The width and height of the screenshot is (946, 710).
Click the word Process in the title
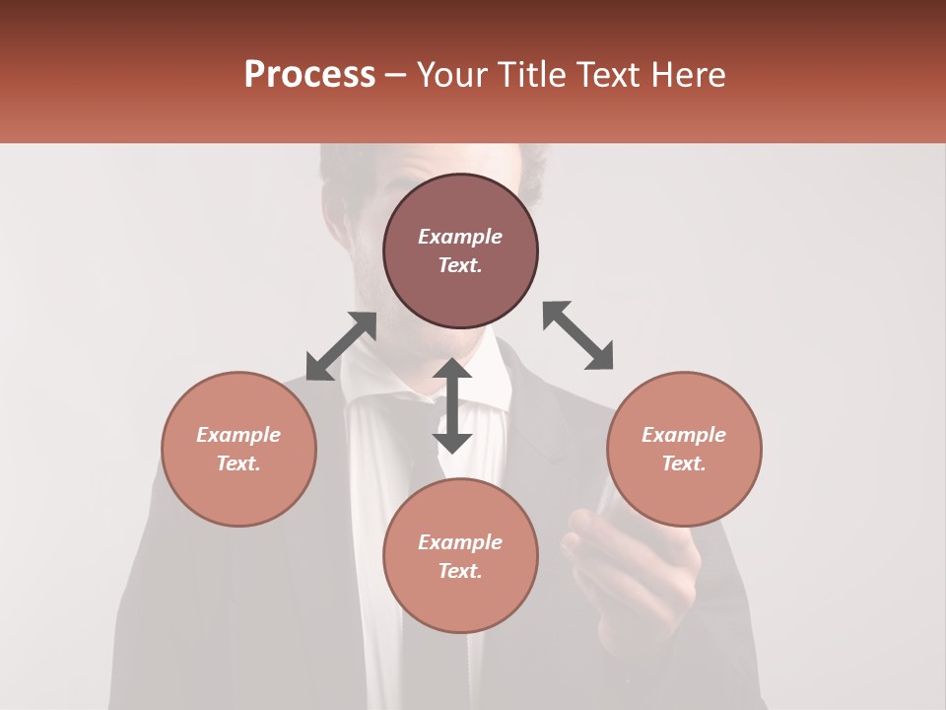point(309,75)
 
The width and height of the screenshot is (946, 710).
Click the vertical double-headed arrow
point(452,405)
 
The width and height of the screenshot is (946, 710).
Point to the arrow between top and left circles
point(341,346)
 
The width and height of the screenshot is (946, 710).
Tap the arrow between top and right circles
point(577,335)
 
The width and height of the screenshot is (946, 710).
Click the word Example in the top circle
point(460,237)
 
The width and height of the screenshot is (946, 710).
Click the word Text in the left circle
point(238,463)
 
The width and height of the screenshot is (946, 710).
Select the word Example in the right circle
point(684,435)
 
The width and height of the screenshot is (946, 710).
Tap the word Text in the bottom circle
point(460,571)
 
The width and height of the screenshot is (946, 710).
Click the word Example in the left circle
point(238,435)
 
